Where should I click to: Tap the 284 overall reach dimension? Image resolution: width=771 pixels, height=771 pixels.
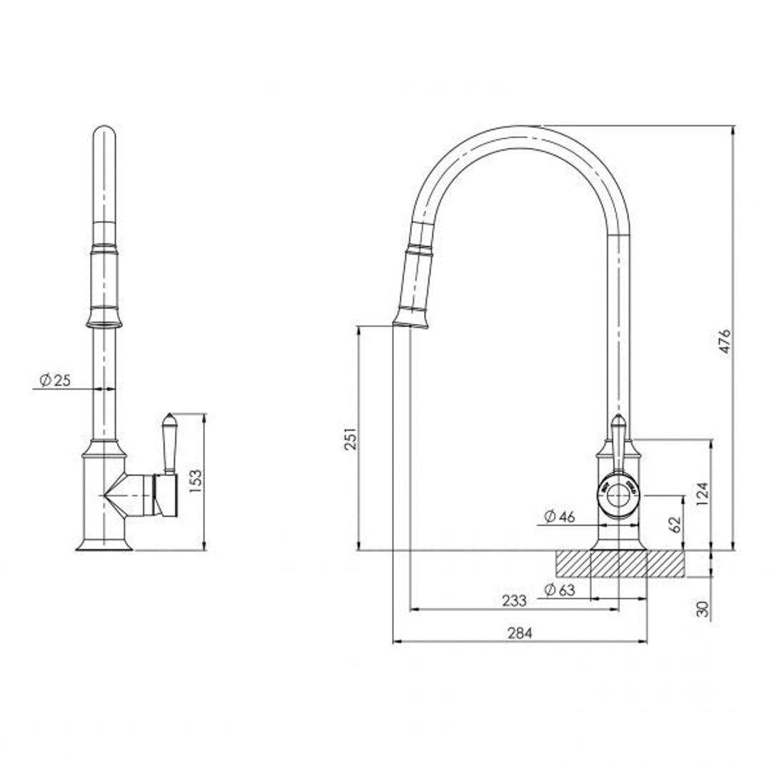520,633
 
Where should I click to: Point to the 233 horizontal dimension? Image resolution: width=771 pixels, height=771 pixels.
514,600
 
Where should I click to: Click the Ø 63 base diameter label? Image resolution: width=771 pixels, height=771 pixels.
559,590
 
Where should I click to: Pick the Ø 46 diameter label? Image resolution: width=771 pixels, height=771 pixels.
559,517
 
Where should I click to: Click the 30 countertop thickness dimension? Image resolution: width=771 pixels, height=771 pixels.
702,609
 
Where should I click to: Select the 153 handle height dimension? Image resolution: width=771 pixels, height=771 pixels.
195,482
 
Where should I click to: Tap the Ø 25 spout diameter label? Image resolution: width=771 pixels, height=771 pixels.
56,381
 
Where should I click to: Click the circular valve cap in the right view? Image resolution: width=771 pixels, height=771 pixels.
618,494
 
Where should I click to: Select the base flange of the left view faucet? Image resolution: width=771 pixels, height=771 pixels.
104,545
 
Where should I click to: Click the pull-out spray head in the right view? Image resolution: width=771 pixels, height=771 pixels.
415,286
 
